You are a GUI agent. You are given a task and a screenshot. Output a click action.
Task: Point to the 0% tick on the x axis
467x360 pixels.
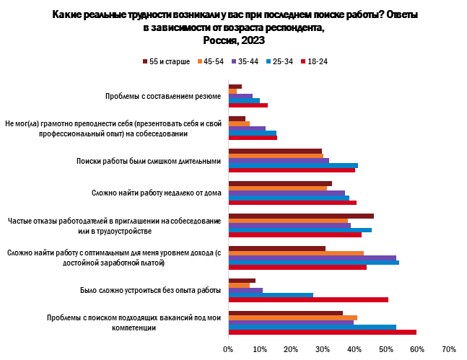(x=228, y=349)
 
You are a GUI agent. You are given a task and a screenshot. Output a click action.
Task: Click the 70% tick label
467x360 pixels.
(x=448, y=349)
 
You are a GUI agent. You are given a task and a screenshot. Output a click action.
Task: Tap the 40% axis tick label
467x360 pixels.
(x=354, y=349)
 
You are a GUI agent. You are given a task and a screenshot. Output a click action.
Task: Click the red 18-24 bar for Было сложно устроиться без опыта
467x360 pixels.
(x=308, y=299)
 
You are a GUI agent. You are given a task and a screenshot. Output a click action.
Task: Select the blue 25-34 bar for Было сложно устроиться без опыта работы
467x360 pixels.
(x=271, y=294)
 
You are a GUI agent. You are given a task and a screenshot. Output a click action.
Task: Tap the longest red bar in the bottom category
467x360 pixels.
(x=322, y=332)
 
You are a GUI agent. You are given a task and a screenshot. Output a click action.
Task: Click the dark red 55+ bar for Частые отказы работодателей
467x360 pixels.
(x=301, y=216)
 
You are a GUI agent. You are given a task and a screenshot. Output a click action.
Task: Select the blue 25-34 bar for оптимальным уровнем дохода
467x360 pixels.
(x=313, y=262)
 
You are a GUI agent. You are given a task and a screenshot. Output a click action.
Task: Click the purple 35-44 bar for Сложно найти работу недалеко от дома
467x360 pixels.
(x=287, y=193)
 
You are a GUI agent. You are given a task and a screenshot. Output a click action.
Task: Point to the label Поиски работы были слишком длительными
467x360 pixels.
(x=148, y=161)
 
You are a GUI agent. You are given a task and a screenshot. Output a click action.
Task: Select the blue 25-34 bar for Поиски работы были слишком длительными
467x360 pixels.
(x=293, y=166)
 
